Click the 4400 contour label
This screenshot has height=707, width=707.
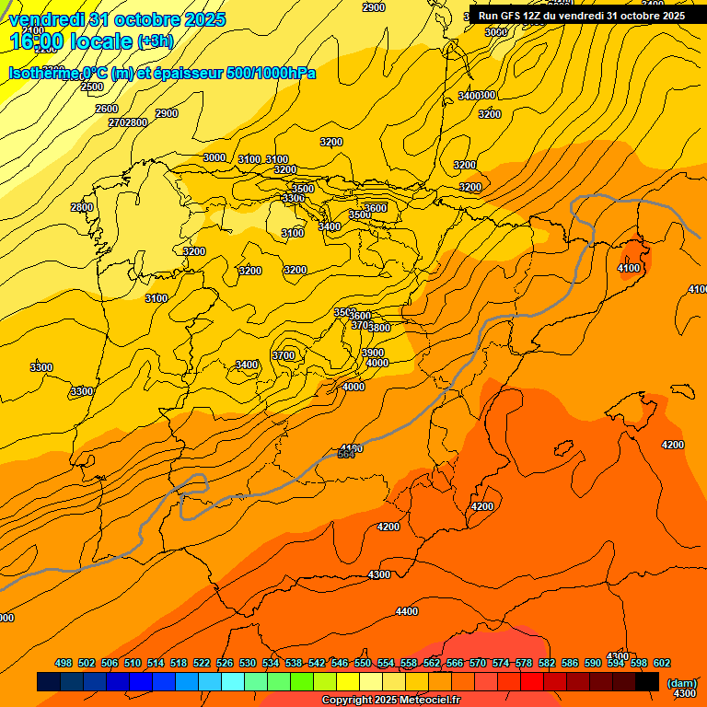click(x=406, y=611)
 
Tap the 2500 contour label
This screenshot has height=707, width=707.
click(x=92, y=87)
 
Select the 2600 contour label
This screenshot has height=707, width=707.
click(x=107, y=109)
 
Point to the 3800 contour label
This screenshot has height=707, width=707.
click(x=379, y=328)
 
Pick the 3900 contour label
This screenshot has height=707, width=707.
click(x=373, y=353)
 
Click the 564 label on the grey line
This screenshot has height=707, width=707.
click(x=346, y=454)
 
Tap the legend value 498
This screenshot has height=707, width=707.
click(x=64, y=663)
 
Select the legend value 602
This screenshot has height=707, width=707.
click(x=662, y=663)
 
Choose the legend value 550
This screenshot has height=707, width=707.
click(x=363, y=663)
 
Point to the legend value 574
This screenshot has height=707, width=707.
click(x=501, y=663)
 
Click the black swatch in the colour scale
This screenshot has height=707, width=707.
click(x=647, y=681)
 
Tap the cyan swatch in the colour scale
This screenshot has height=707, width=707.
click(x=233, y=681)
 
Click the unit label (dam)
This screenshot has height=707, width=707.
click(x=681, y=682)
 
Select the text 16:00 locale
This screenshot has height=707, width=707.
click(x=70, y=41)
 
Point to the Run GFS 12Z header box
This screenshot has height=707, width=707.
click(x=582, y=16)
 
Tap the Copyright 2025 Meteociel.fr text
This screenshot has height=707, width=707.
click(x=390, y=701)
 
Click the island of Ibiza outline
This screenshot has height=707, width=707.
click(x=560, y=449)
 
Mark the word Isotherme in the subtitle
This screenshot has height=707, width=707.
click(x=42, y=74)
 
